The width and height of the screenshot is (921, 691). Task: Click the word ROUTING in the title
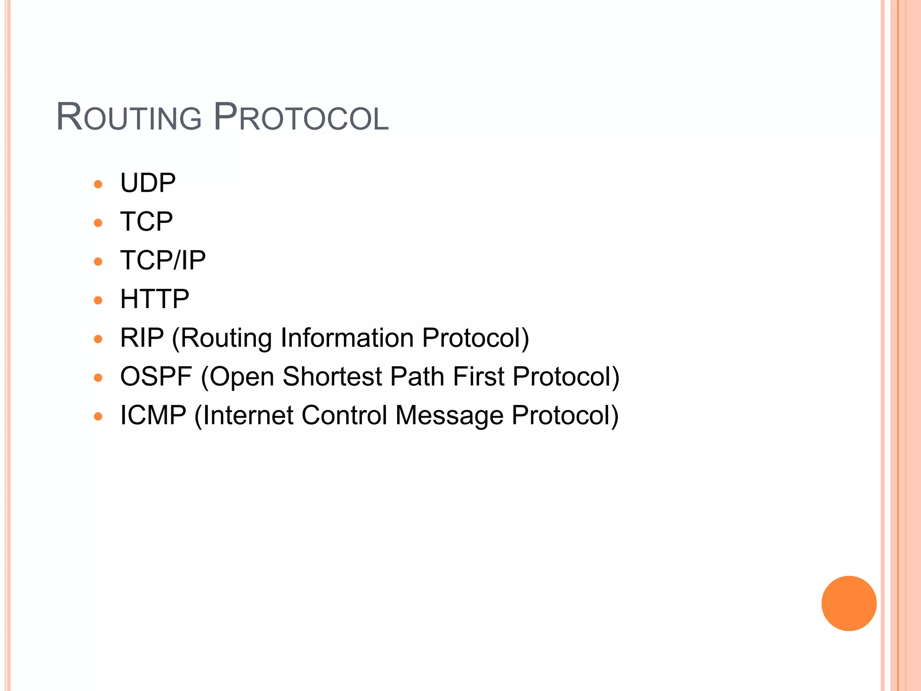point(129,118)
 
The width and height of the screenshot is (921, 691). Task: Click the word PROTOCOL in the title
point(301,118)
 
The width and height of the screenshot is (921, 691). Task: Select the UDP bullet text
point(148,183)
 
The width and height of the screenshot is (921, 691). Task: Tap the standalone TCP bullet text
point(146,222)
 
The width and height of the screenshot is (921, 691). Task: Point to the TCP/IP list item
point(163,260)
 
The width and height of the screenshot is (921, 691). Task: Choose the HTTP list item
point(155,299)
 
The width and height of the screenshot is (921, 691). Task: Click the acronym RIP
point(142,338)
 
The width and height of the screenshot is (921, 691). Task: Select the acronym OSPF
point(156,377)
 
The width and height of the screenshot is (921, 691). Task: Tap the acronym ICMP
point(153,415)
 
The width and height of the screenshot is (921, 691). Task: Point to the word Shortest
point(332,377)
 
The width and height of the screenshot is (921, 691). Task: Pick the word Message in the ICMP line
point(449,415)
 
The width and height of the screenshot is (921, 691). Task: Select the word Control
point(344,415)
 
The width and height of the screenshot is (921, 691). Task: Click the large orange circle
point(849,603)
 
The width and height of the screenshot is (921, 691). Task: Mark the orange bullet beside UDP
point(98,184)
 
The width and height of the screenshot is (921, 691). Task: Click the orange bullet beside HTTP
point(98,300)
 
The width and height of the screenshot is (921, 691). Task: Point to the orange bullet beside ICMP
point(98,416)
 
